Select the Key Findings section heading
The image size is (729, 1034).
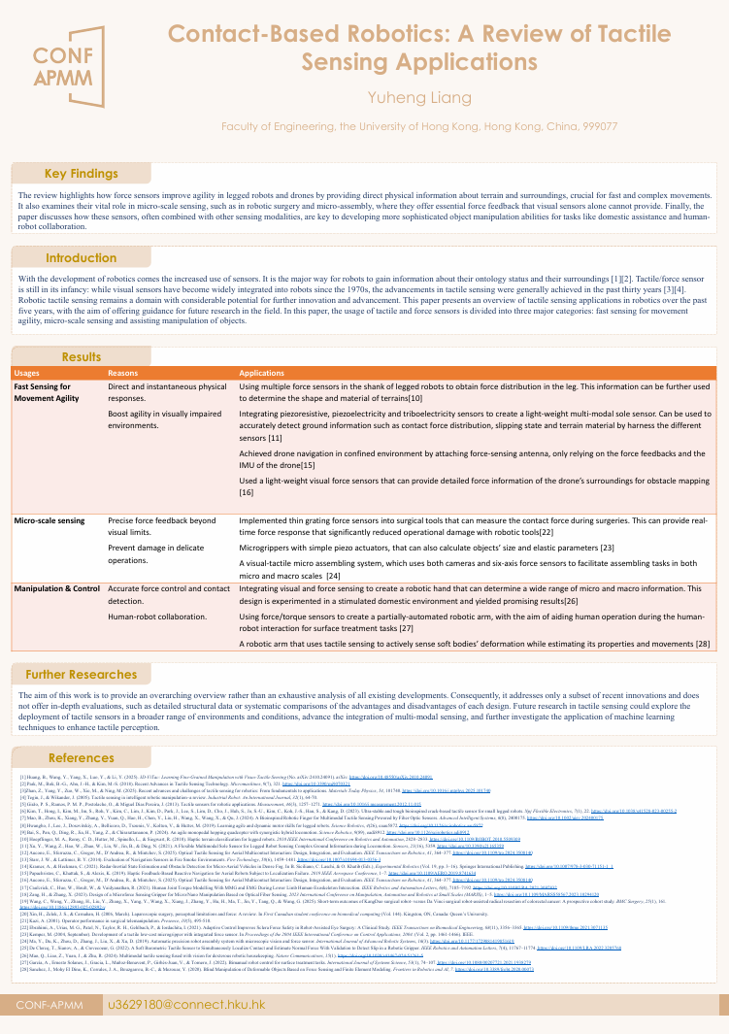click(82, 174)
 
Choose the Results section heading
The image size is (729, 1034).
click(82, 357)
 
